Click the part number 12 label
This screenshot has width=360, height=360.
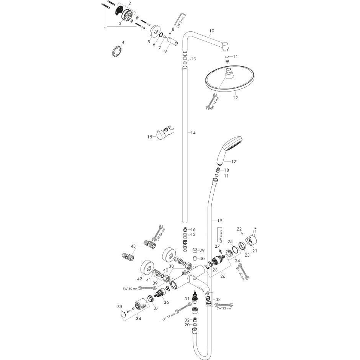(235, 98)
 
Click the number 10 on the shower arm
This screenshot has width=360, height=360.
(212, 31)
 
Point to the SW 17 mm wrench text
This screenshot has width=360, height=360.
(215, 103)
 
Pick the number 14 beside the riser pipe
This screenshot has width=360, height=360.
(193, 133)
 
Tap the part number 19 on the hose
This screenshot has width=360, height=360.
(220, 221)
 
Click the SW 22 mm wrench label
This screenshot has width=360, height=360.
(224, 308)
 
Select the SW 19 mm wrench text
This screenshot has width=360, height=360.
(169, 316)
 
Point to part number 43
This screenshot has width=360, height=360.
(133, 246)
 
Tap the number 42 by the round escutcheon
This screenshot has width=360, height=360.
(139, 279)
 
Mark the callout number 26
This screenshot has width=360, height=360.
(223, 276)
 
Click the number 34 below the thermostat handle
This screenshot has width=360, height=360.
(138, 318)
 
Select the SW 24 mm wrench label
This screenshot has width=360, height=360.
(160, 234)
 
